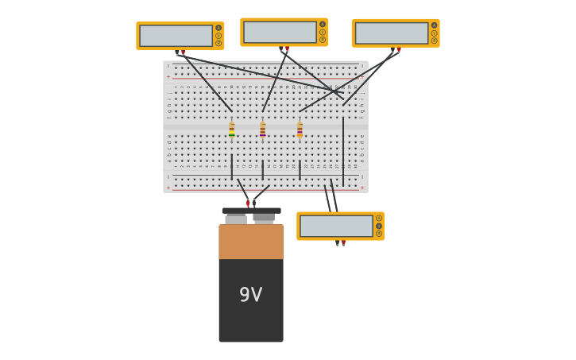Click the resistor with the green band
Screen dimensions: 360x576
[x=231, y=130]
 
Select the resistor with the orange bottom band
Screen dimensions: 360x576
[x=300, y=130]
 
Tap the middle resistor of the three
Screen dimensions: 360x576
[x=263, y=130]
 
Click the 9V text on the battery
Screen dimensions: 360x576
[x=250, y=295]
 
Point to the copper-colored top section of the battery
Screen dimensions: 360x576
[x=251, y=242]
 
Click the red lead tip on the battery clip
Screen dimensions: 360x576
[x=248, y=203]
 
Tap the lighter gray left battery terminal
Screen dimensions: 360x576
[x=236, y=219]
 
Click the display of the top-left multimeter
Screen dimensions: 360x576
[x=176, y=36]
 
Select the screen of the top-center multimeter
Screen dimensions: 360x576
[x=280, y=33]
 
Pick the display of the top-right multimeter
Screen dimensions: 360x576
[x=391, y=33]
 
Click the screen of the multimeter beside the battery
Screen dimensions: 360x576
[x=336, y=226]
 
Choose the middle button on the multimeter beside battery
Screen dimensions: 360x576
[x=379, y=226]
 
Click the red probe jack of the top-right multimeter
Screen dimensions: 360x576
[x=399, y=50]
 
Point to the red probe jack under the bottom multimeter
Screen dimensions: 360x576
[x=344, y=242]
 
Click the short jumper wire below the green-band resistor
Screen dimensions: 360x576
[x=232, y=167]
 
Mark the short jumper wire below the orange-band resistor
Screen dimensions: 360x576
[x=300, y=169]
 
